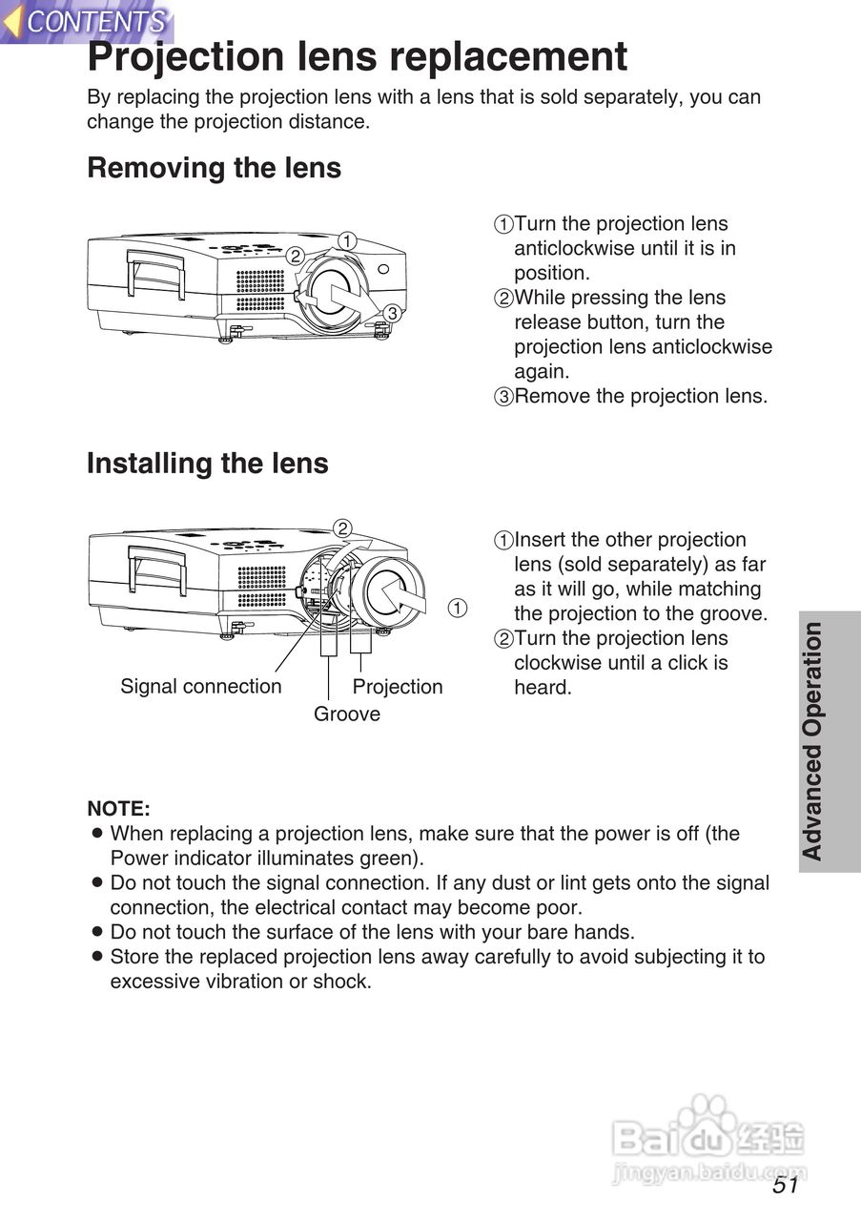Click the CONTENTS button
[x=88, y=21]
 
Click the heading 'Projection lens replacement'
[x=358, y=57]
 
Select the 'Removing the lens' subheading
[x=214, y=168]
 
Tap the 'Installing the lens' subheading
[x=207, y=464]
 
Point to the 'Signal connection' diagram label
[x=200, y=687]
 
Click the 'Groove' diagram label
[x=347, y=714]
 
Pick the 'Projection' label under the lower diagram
[x=398, y=687]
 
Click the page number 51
[x=786, y=1186]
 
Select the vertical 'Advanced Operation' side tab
[x=812, y=741]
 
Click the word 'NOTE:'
[x=118, y=809]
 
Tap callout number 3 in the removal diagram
[x=391, y=312]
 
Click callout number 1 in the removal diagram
[x=348, y=241]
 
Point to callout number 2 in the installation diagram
[x=342, y=528]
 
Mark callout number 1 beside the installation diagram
[x=458, y=608]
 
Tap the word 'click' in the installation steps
[x=678, y=663]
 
